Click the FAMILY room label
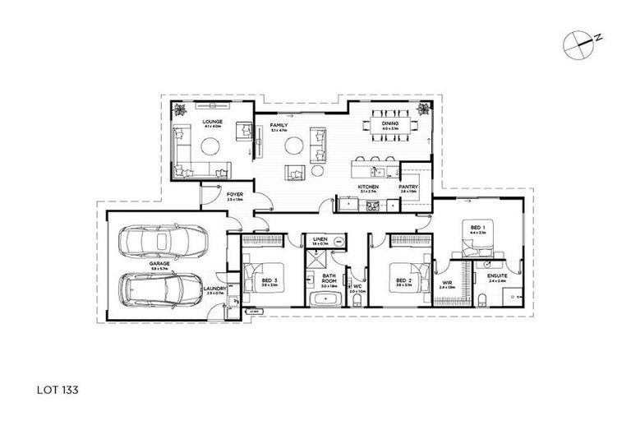point(280,126)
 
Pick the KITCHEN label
point(367,188)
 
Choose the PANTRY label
point(409,188)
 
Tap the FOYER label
point(234,195)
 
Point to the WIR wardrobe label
point(447,281)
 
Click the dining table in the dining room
point(389,126)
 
